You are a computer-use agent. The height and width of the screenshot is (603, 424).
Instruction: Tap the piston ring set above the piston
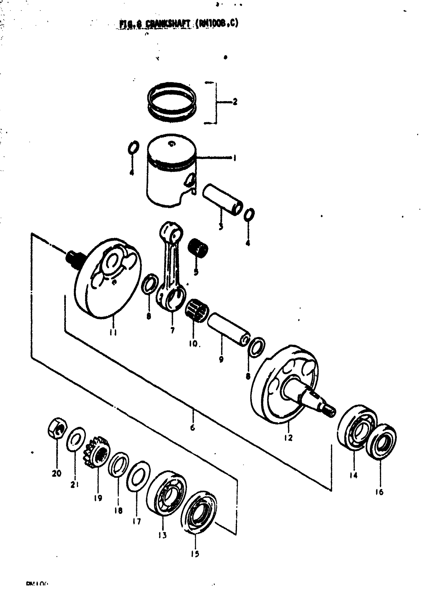click(x=172, y=102)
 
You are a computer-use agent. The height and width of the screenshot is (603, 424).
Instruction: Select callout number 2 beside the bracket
click(x=235, y=102)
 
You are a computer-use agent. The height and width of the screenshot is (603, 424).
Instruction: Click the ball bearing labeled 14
click(x=356, y=426)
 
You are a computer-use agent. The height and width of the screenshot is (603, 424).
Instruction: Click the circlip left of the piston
click(x=133, y=148)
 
